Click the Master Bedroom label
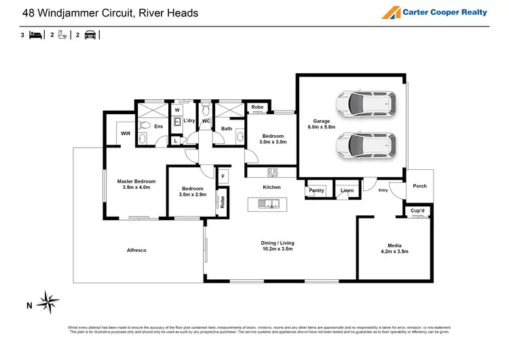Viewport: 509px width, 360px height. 136,181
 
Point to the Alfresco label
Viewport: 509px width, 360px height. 136,250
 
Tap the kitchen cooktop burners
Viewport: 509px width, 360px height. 273,172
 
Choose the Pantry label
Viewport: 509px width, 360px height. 316,191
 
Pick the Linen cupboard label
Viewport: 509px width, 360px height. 347,191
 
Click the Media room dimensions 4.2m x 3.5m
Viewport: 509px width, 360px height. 394,251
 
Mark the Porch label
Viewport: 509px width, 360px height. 419,186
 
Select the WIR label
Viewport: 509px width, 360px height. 126,134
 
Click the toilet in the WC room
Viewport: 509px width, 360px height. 206,110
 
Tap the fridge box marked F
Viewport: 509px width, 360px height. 223,177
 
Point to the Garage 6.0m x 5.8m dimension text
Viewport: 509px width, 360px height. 321,127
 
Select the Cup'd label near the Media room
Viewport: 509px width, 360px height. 417,211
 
